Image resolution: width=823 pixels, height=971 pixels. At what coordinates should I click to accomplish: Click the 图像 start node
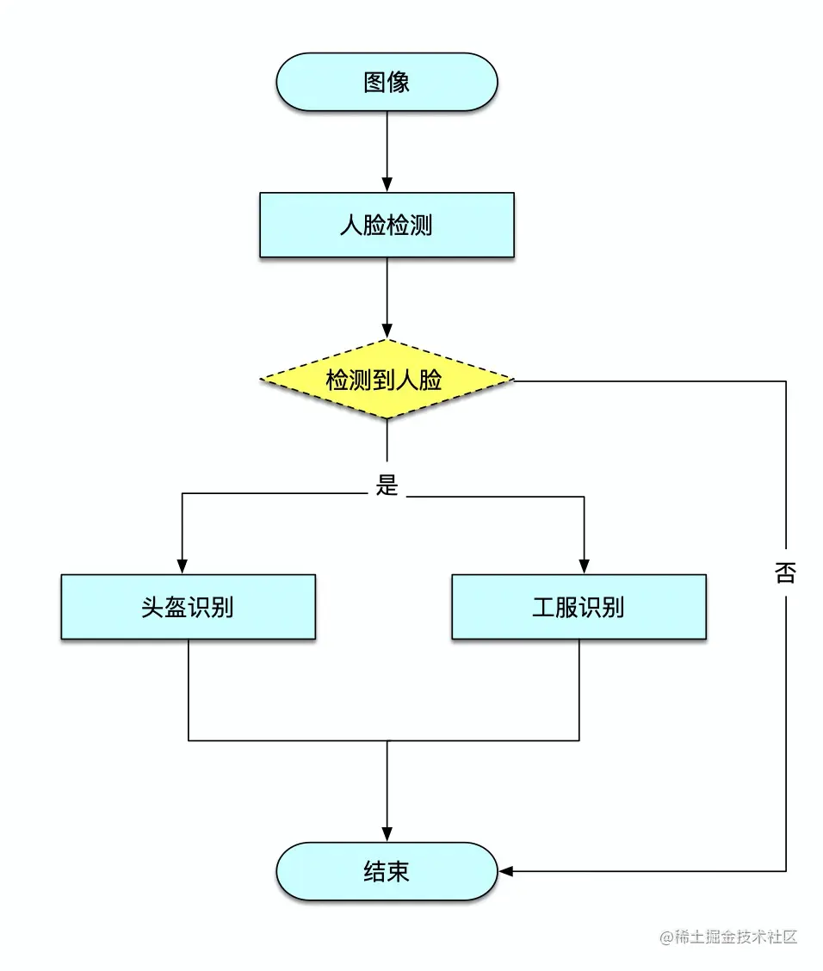pos(387,82)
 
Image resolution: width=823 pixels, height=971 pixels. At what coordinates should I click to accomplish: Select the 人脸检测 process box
pos(387,226)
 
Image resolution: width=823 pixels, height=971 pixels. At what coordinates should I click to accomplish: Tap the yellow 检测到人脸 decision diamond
pos(387,380)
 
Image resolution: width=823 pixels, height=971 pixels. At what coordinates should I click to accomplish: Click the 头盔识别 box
pos(188,607)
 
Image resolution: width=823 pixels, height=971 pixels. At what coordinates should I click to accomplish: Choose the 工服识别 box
pos(579,607)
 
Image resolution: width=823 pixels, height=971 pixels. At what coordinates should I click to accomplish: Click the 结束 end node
pos(387,871)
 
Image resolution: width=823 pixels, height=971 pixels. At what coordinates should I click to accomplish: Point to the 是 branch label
pos(387,485)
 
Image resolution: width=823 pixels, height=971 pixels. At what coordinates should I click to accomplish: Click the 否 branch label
pos(785,573)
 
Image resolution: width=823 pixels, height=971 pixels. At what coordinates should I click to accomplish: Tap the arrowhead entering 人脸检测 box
pos(387,185)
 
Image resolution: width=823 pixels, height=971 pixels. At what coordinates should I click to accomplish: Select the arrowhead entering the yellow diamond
pos(387,331)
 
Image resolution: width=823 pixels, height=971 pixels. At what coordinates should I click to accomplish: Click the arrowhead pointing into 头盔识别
pos(182,567)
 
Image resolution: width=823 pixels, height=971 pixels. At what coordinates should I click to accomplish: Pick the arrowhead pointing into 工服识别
pos(584,567)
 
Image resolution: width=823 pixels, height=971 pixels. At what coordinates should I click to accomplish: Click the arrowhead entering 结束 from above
pos(387,835)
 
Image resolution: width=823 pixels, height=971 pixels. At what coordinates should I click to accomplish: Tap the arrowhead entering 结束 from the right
pos(506,871)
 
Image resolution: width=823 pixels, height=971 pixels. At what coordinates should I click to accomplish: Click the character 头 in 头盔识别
pos(152,607)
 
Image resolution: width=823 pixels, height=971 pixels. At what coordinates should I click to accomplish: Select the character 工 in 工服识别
pos(543,607)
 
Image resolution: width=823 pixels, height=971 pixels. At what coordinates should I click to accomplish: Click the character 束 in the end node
pos(399,871)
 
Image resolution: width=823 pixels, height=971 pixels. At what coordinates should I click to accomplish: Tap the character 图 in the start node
pos(374,82)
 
